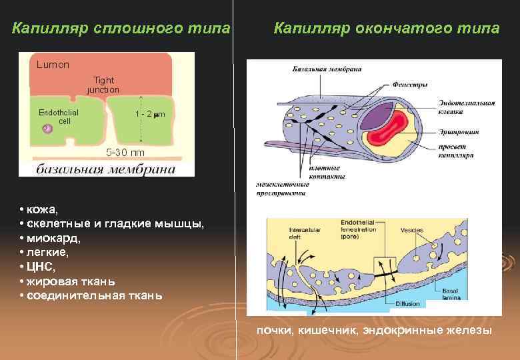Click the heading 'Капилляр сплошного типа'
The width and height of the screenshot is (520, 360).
pyautogui.click(x=122, y=29)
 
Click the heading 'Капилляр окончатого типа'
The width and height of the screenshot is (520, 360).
pyautogui.click(x=386, y=29)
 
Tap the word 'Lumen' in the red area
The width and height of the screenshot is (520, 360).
pyautogui.click(x=53, y=65)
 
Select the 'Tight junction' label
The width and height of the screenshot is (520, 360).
pyautogui.click(x=103, y=85)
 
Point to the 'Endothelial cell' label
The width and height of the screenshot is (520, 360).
pyautogui.click(x=59, y=117)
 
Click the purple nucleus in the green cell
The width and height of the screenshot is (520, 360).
pyautogui.click(x=47, y=129)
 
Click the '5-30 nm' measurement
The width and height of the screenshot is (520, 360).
pyautogui.click(x=126, y=152)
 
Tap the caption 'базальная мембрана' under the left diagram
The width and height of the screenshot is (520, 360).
pyautogui.click(x=106, y=169)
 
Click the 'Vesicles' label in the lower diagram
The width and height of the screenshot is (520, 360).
pyautogui.click(x=411, y=230)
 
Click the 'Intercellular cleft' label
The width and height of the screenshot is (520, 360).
pyautogui.click(x=303, y=231)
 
